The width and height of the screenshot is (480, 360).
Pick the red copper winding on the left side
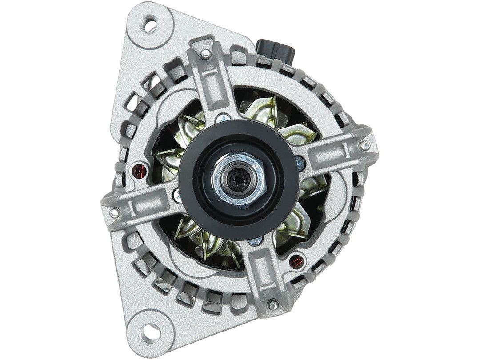pyautogui.click(x=138, y=169)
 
